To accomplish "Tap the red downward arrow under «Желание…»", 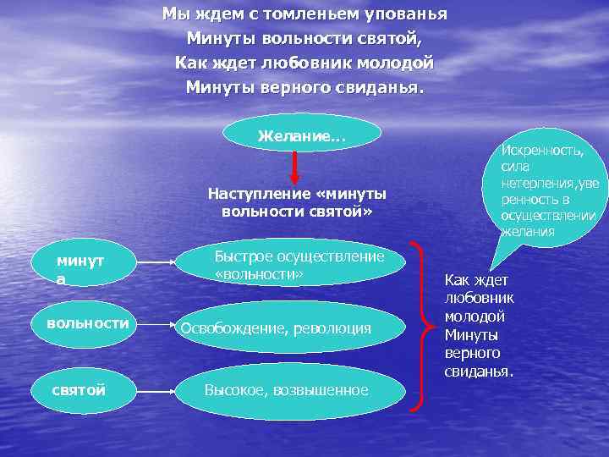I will (x=294, y=168).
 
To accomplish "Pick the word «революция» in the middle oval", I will (x=331, y=328).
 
